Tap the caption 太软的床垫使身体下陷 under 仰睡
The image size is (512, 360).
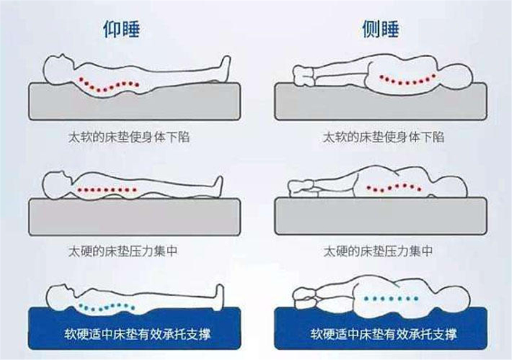tap(134, 137)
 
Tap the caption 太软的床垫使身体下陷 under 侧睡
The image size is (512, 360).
tap(383, 137)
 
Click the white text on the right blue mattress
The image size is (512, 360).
tap(383, 333)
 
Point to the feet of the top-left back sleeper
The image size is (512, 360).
tap(225, 65)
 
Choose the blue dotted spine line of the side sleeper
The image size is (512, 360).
tap(395, 298)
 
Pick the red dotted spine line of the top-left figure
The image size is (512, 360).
tap(108, 85)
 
